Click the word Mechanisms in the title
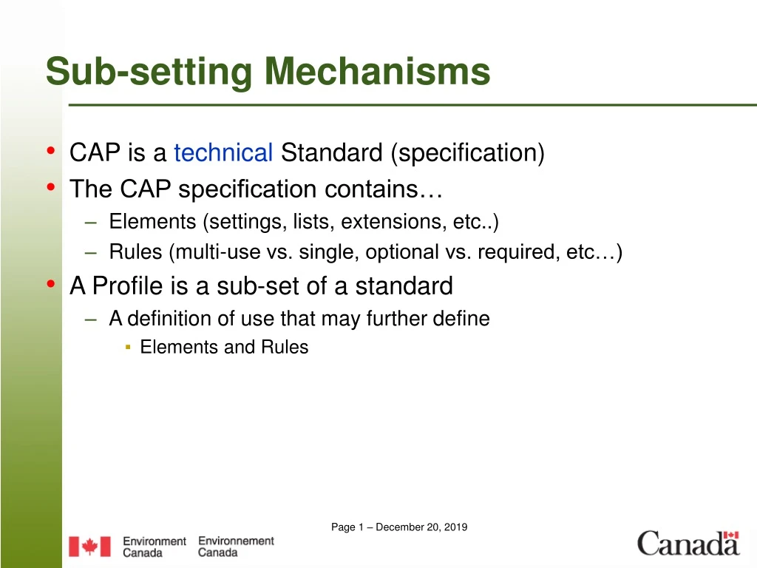click(x=378, y=72)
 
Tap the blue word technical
click(x=223, y=153)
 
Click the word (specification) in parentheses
click(x=468, y=153)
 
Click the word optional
click(x=402, y=253)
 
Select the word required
click(x=518, y=253)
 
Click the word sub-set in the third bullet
click(x=259, y=285)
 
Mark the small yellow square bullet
click(x=128, y=347)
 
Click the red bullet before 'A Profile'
click(x=50, y=284)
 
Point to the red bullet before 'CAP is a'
click(x=50, y=152)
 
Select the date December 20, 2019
click(x=421, y=527)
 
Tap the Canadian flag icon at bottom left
click(x=89, y=547)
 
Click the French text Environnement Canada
click(x=236, y=547)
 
